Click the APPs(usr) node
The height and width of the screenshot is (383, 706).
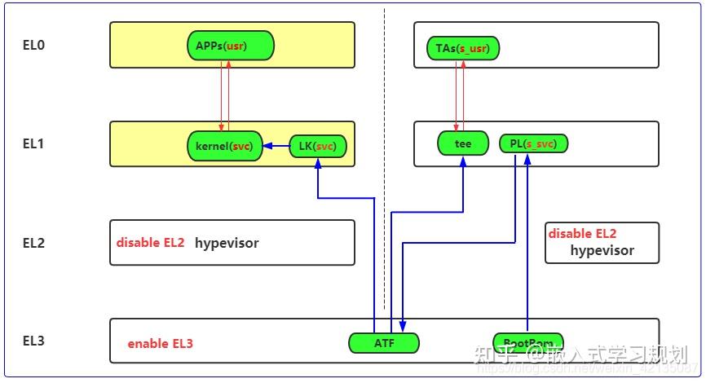[x=230, y=46]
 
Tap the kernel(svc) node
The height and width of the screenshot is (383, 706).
[x=224, y=146]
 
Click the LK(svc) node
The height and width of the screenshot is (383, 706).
[x=317, y=147]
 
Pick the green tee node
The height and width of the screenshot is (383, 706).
[x=463, y=144]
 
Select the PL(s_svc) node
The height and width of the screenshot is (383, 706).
[x=533, y=144]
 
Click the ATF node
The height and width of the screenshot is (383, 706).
[x=383, y=343]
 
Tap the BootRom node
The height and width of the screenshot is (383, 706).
[x=527, y=343]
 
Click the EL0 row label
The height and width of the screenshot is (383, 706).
[x=33, y=46]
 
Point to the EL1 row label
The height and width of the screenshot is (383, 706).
[x=33, y=144]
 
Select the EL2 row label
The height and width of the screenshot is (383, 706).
[x=33, y=243]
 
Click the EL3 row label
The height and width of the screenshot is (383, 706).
[x=33, y=341]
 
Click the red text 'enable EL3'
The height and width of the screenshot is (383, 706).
[x=160, y=344]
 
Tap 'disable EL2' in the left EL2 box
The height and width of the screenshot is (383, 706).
[x=150, y=243]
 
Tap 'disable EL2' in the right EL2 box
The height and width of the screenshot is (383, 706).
[x=582, y=234]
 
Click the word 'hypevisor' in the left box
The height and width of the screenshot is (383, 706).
[x=227, y=243]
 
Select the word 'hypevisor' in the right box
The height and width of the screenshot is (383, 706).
[x=602, y=250]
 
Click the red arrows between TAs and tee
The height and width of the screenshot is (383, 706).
[x=459, y=95]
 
